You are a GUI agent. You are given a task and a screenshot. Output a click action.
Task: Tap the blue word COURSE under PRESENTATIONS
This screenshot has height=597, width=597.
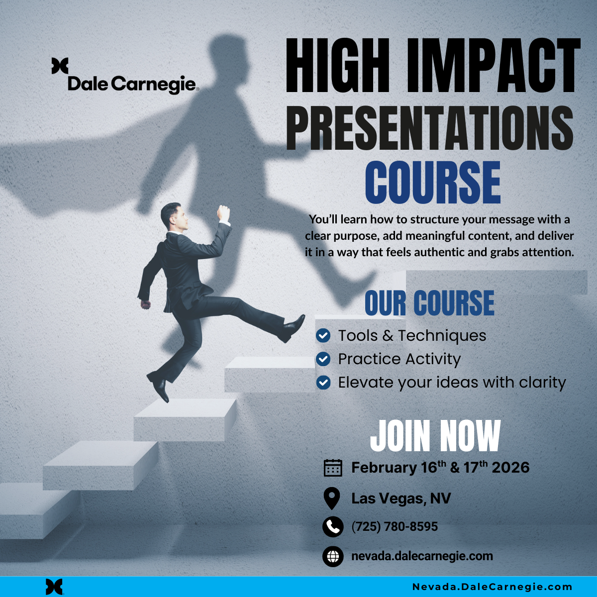pos(433,182)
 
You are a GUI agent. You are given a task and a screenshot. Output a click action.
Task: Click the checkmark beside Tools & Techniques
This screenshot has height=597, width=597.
pos(323,335)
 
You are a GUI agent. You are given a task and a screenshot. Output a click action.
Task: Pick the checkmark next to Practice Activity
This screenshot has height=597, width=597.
pos(323,359)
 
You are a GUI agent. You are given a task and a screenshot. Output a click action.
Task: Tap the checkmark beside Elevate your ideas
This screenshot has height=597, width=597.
pos(323,382)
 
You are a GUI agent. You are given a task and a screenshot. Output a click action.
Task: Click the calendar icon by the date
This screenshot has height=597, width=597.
pos(333,468)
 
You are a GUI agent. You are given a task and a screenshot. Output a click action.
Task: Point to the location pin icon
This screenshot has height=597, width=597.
pos(331,498)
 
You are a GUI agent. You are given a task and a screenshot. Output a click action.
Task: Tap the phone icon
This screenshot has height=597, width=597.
pos(333,527)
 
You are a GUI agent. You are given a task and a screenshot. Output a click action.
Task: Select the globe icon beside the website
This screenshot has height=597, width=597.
pos(333,556)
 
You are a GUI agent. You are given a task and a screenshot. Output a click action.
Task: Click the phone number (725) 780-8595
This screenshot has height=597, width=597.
pos(395,526)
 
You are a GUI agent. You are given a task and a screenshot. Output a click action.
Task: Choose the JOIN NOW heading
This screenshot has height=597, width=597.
pos(435,436)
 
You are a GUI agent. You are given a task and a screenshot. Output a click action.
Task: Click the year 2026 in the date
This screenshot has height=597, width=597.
pos(510,468)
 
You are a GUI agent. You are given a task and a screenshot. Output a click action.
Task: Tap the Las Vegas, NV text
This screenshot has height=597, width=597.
pos(401,498)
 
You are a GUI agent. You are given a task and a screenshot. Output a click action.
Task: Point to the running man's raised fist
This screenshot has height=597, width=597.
pos(223,213)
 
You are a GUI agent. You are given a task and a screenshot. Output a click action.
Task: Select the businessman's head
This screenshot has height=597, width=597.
pos(174,216)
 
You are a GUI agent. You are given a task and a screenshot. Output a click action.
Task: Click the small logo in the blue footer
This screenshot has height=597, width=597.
pos(54,587)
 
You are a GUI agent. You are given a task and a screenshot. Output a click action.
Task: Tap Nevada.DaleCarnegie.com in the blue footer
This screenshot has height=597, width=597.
pos(492,587)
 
